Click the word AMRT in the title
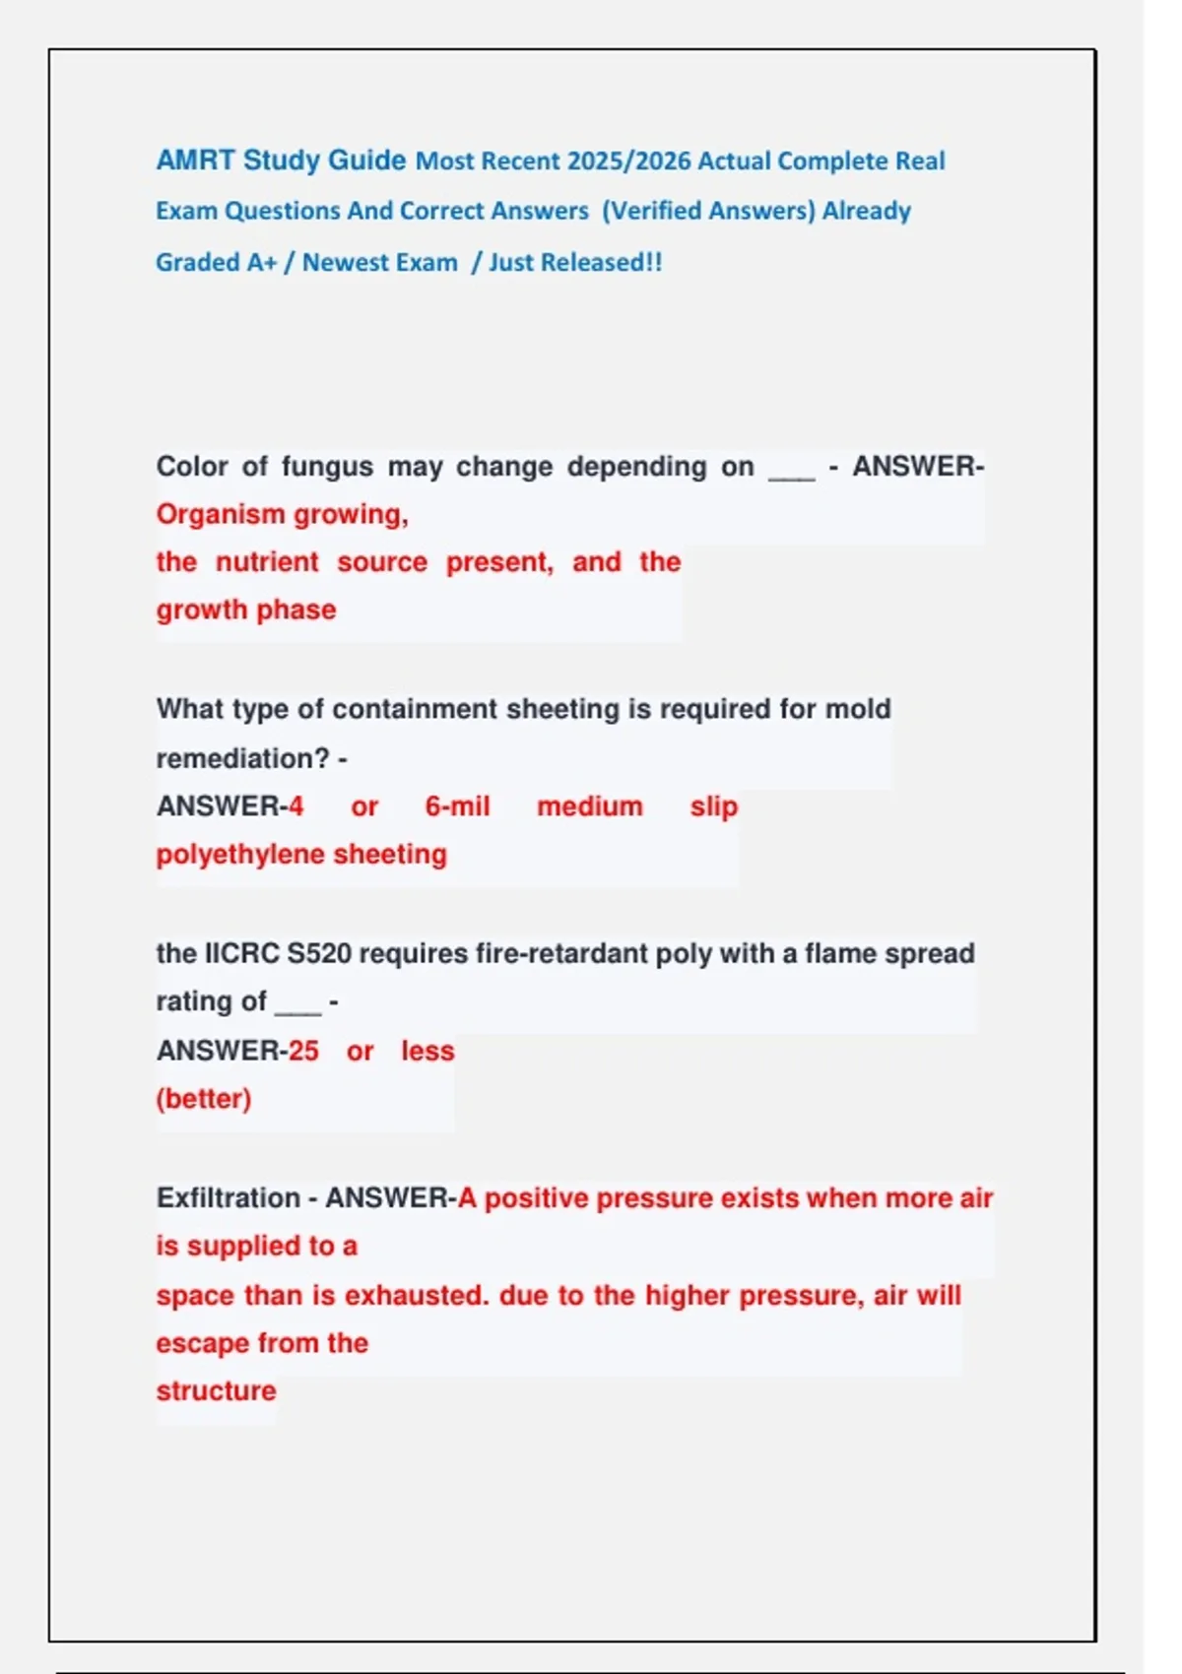(195, 161)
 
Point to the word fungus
(327, 467)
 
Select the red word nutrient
(267, 562)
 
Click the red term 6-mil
(457, 806)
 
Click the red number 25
(303, 1051)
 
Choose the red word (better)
(204, 1099)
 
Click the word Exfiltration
(229, 1198)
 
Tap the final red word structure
(216, 1391)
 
